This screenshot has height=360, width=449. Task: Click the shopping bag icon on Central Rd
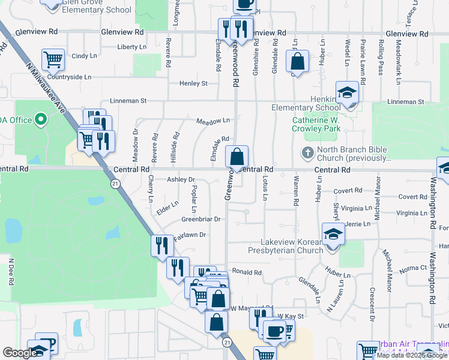(237, 158)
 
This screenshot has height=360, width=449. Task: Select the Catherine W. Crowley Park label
(316, 124)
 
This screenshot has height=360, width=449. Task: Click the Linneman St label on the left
(128, 101)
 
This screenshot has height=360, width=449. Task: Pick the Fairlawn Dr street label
(190, 235)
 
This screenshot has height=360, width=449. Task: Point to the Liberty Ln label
(132, 47)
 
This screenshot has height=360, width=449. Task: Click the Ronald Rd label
(247, 272)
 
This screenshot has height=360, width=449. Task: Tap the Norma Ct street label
(411, 268)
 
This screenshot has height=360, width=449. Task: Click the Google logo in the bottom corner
(20, 353)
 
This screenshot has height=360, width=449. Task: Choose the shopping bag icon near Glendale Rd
(298, 61)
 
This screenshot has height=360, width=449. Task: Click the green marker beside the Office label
(41, 120)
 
